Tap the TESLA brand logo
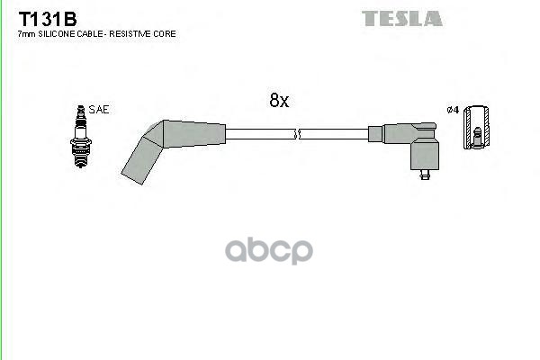(401, 18)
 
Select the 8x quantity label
(279, 101)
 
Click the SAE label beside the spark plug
(99, 109)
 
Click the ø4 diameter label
(453, 110)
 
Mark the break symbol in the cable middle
(298, 135)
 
